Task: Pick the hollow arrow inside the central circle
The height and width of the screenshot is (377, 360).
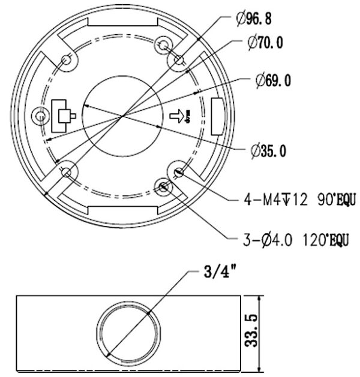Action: point(178,116)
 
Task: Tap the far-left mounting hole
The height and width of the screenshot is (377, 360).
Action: point(41,115)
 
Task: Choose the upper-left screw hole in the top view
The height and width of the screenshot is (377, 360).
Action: point(67,60)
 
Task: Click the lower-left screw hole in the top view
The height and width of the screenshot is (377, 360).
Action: point(67,173)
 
